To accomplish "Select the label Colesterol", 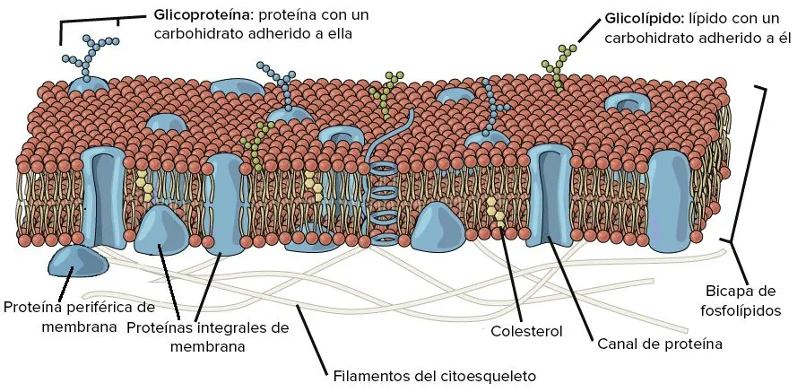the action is click(526, 331).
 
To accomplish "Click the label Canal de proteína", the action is click(660, 344).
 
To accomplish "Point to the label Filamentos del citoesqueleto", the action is click(435, 376).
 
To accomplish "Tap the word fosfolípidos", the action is click(741, 310).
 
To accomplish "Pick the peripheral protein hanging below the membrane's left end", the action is click(78, 261).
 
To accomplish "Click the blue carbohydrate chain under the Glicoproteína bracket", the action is click(91, 56).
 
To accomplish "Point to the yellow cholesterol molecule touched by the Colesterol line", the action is click(495, 211).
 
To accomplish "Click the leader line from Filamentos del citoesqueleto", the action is click(312, 340).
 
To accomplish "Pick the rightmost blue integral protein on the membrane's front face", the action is click(669, 201).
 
